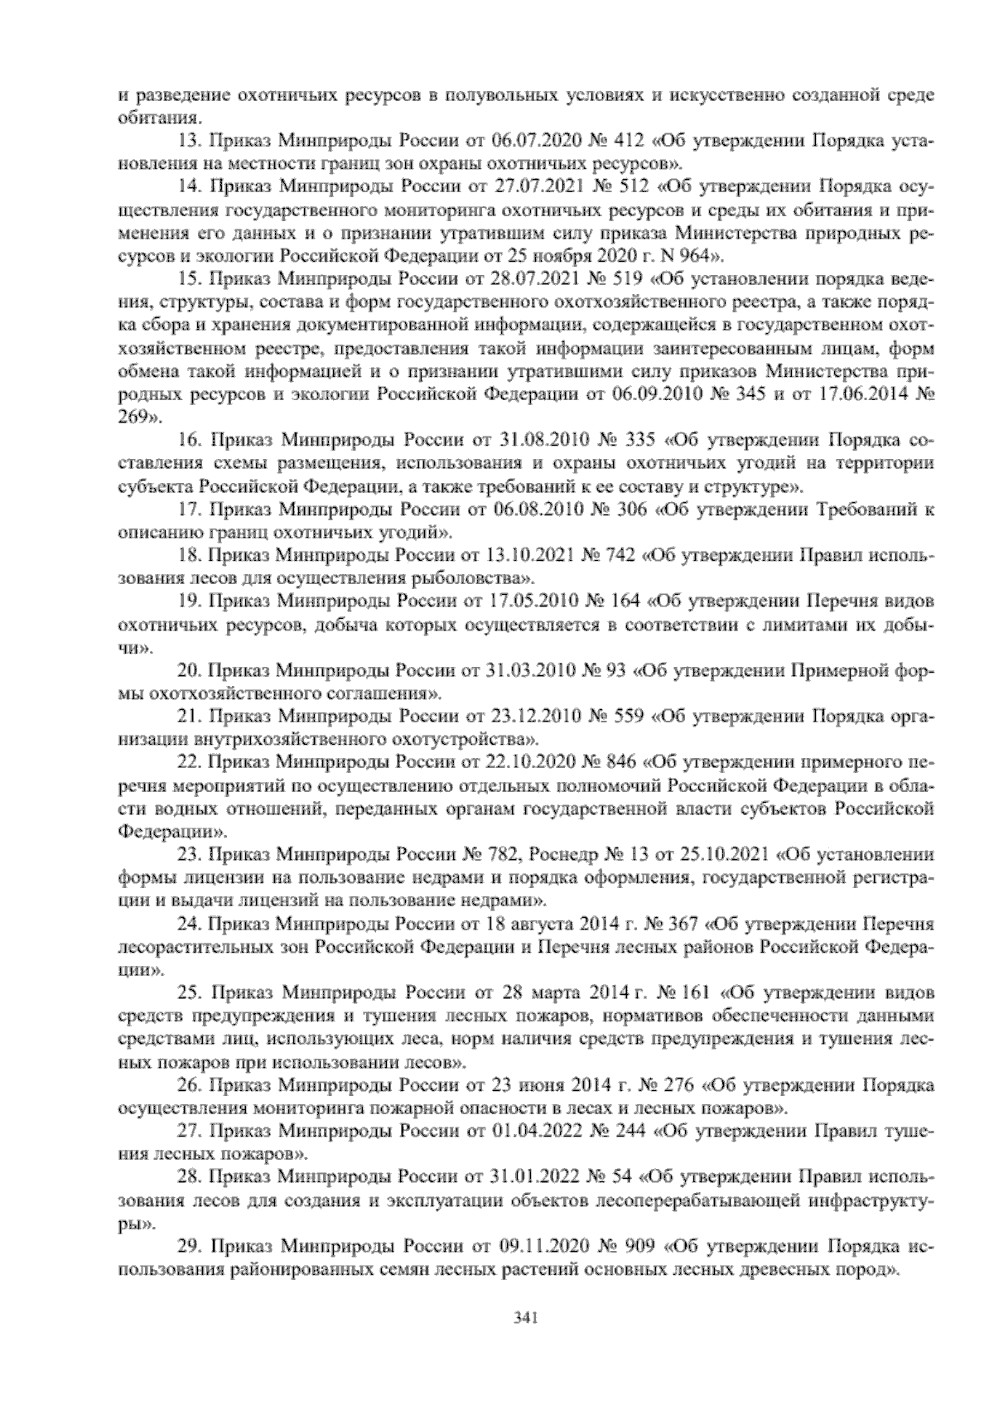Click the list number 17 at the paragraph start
click(191, 507)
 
